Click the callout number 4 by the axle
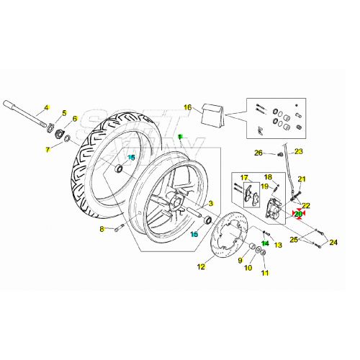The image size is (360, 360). click(45, 109)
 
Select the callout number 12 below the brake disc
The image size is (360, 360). click(201, 266)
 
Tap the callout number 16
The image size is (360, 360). click(187, 108)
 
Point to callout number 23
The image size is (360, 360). click(299, 151)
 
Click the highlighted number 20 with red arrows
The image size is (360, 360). click(299, 214)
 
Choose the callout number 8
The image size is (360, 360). click(102, 229)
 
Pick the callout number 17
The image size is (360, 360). click(244, 178)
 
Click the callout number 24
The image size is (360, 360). click(333, 243)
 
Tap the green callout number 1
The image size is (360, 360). click(180, 137)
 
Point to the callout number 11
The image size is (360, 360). click(264, 273)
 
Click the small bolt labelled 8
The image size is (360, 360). click(120, 228)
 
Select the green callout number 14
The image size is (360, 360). click(265, 243)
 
